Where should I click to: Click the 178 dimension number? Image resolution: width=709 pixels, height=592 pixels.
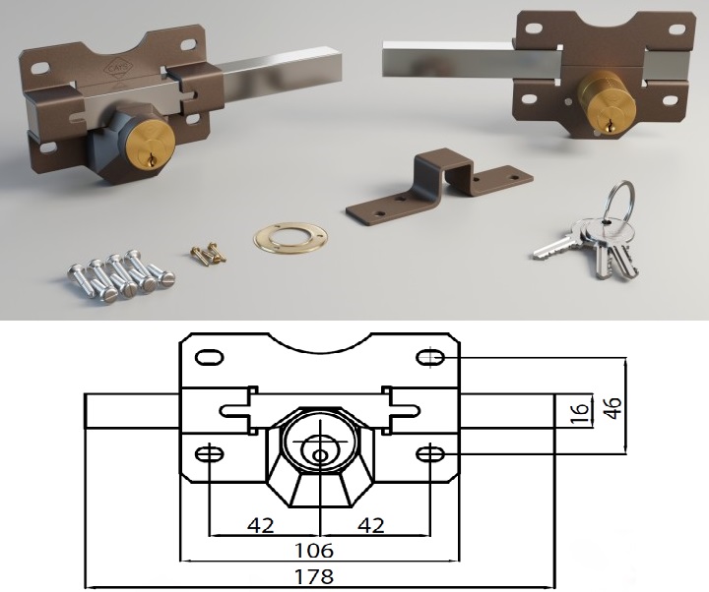[314, 576]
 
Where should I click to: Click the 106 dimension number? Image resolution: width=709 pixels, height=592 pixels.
[314, 551]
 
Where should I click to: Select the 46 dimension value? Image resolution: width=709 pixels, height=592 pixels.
[613, 408]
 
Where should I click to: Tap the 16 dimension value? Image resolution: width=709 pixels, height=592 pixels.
[580, 413]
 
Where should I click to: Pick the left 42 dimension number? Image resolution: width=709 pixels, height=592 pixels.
[261, 525]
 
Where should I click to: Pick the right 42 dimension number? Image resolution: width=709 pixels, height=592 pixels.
[371, 525]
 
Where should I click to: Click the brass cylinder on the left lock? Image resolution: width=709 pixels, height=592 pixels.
[151, 144]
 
